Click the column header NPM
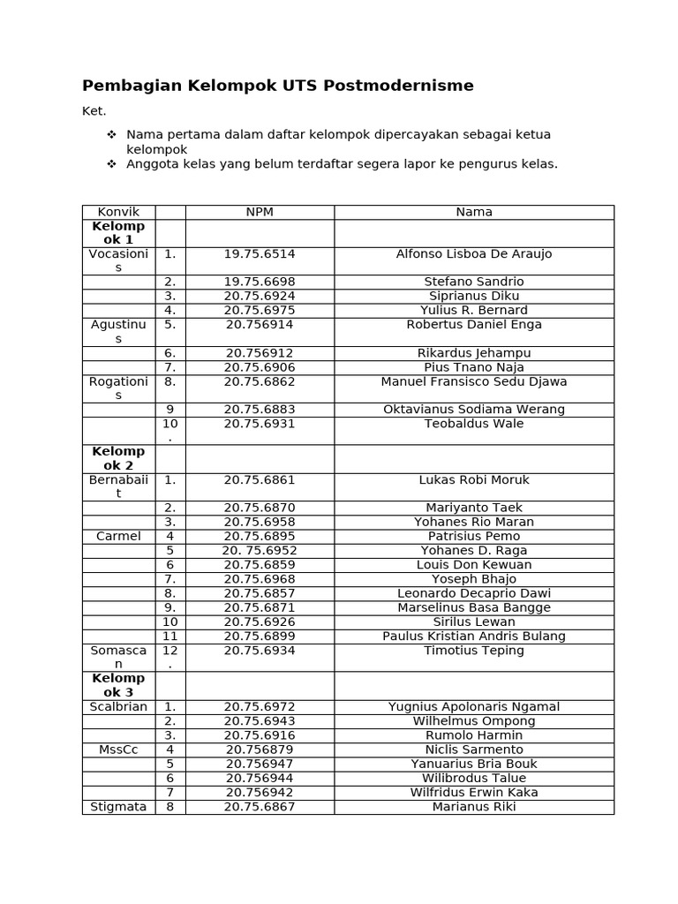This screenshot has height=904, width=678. tap(259, 212)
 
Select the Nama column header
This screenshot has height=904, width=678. tap(474, 212)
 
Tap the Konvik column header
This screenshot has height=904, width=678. tap(118, 212)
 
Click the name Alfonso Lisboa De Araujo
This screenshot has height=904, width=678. tap(474, 254)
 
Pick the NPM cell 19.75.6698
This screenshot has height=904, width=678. tap(259, 282)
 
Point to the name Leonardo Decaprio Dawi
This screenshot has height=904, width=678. tap(474, 593)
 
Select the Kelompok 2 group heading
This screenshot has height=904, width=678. tap(118, 458)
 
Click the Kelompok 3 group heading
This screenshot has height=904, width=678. tap(118, 685)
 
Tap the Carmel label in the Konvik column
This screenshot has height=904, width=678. tap(118, 537)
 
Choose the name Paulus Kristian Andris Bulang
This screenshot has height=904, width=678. tap(474, 636)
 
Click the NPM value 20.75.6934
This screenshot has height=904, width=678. tap(259, 651)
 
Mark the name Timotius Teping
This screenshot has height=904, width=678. tap(474, 651)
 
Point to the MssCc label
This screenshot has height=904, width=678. tap(118, 750)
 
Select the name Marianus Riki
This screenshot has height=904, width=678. tap(474, 806)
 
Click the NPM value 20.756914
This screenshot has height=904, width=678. tap(259, 325)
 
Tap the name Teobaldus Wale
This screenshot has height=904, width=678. tap(474, 424)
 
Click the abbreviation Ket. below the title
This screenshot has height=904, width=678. tap(94, 111)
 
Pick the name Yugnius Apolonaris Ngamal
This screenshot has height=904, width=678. tap(474, 707)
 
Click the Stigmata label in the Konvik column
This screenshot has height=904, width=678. tap(118, 806)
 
